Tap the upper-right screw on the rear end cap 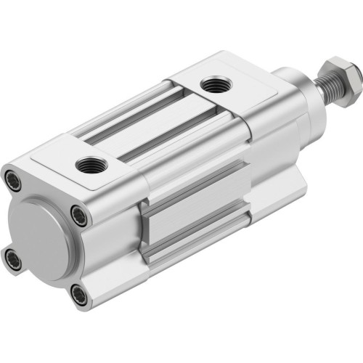[x=78, y=212]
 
